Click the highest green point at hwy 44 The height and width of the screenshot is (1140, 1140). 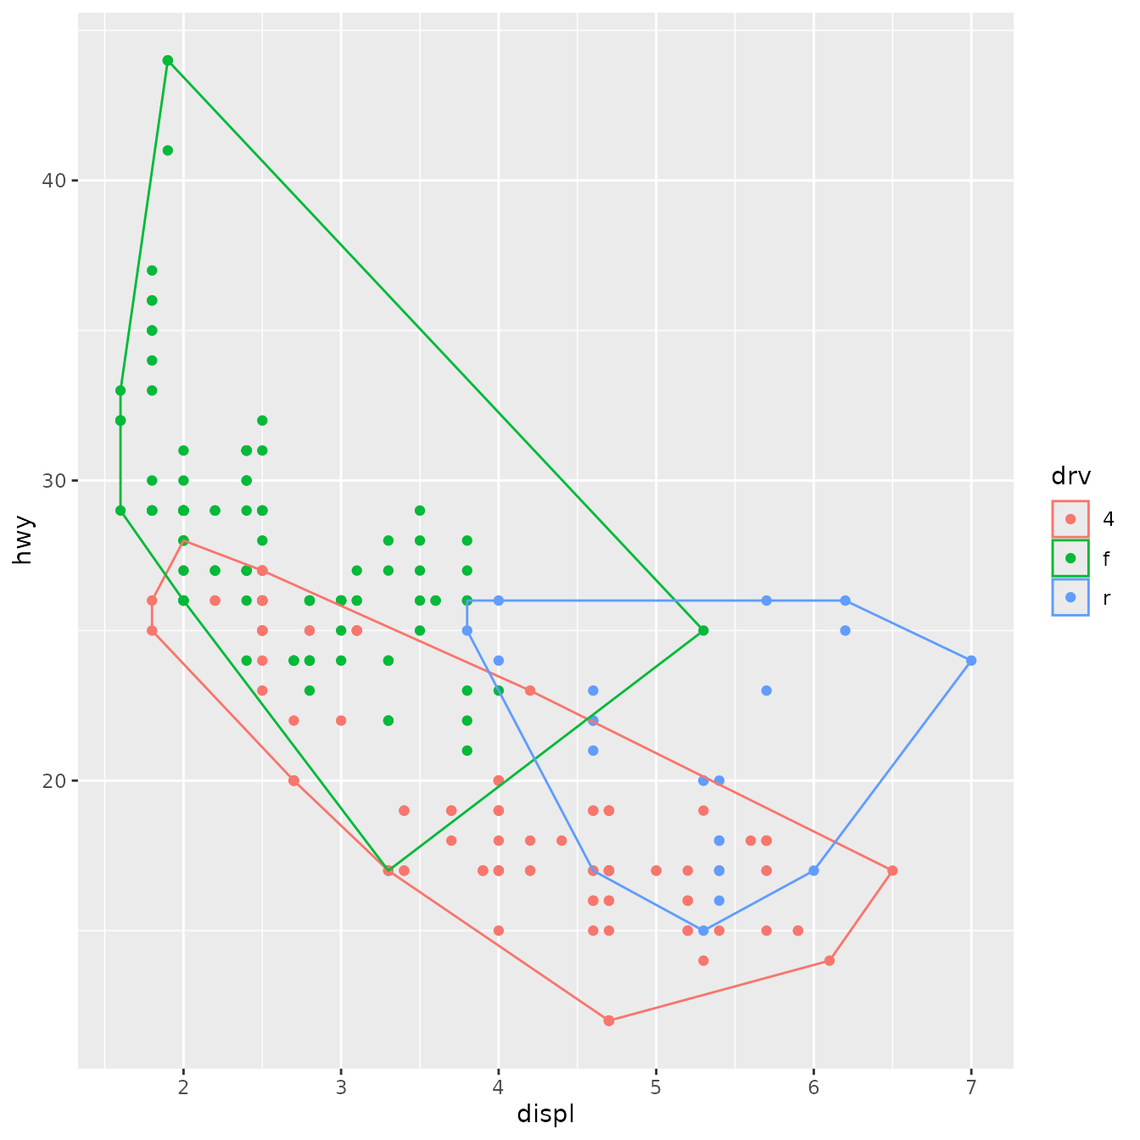click(x=168, y=60)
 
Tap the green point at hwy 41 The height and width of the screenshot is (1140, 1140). click(x=168, y=150)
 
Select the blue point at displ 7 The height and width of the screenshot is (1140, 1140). click(x=971, y=660)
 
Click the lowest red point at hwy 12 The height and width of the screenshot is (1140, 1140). click(x=608, y=1020)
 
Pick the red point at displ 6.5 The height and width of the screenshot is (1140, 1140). click(x=892, y=870)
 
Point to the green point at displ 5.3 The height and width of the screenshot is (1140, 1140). click(x=703, y=630)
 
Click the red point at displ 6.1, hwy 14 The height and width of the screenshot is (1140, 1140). click(x=830, y=960)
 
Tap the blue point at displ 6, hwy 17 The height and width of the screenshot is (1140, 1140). click(x=813, y=870)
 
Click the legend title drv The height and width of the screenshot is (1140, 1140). click(x=1070, y=477)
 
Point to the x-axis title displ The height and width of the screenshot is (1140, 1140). click(x=545, y=1114)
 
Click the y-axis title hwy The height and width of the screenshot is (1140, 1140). click(x=24, y=539)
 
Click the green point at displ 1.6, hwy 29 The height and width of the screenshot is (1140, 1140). click(x=120, y=511)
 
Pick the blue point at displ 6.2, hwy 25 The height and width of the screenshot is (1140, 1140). click(x=845, y=630)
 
